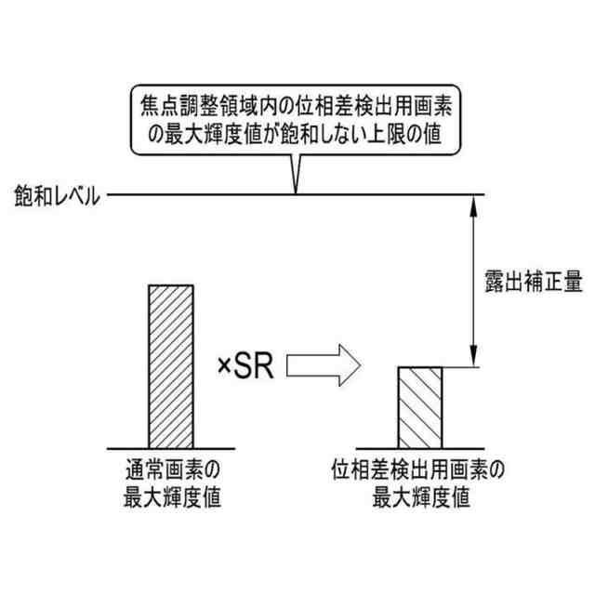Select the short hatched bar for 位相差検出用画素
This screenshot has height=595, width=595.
[x=421, y=406]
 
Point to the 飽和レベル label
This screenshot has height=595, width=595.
[x=56, y=196]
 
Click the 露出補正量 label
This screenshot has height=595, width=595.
[x=533, y=282]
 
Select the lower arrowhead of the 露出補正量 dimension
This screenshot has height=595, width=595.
[x=476, y=359]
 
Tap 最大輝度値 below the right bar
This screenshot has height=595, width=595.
[x=421, y=497]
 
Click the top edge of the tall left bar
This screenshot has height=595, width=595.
[x=171, y=285]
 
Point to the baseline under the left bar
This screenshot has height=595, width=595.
[x=171, y=447]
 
